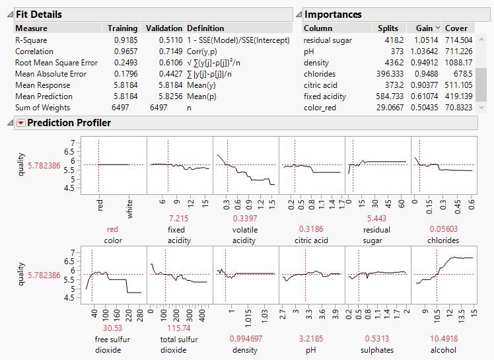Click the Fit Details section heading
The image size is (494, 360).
pos(39,14)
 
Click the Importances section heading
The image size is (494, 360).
pos(333,14)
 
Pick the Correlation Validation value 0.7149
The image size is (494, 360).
pos(169,51)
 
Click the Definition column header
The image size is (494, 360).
pos(205,28)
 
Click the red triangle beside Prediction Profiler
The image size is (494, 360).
pos(20,123)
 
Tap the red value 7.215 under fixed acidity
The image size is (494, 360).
pos(179,219)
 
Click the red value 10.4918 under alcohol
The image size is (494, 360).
pos(442,330)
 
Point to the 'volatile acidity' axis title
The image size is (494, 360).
pos(244,235)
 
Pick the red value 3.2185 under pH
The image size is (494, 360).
pos(311,330)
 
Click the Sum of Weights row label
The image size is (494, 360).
pos(42,107)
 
